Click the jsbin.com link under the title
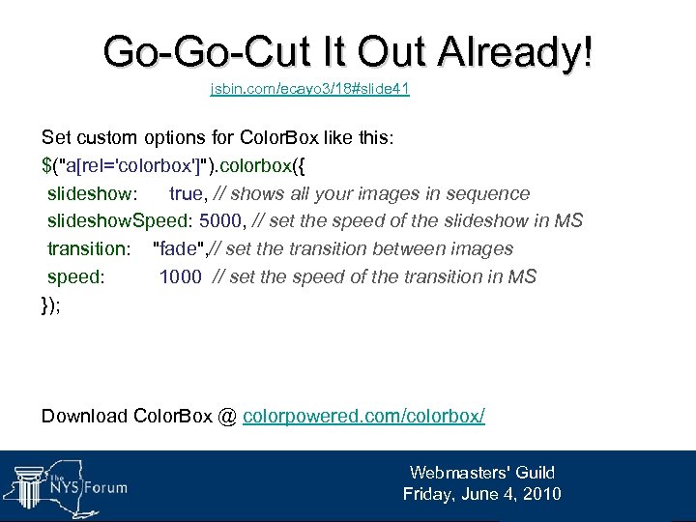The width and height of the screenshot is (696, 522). pyautogui.click(x=310, y=89)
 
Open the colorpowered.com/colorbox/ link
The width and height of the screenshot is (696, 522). pyautogui.click(x=363, y=416)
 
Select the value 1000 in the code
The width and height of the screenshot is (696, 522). pyautogui.click(x=180, y=276)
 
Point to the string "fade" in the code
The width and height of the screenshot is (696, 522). pyautogui.click(x=179, y=248)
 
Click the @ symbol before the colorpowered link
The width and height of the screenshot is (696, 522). pyautogui.click(x=227, y=416)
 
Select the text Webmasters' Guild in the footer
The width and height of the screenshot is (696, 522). pyautogui.click(x=481, y=473)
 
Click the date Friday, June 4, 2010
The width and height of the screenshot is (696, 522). pyautogui.click(x=481, y=494)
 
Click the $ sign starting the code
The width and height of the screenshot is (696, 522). pyautogui.click(x=46, y=165)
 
